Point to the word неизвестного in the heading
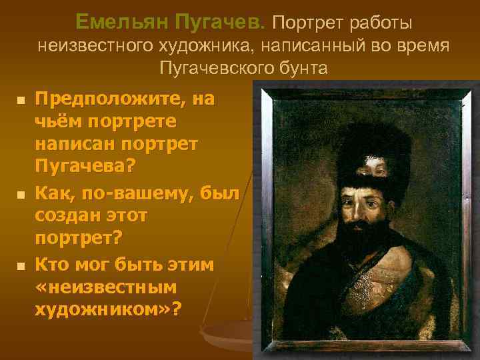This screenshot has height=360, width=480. coord(97,46)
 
